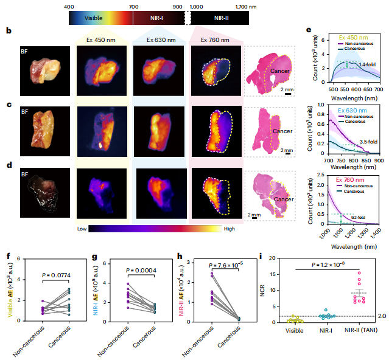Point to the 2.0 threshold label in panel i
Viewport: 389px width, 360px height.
click(379, 316)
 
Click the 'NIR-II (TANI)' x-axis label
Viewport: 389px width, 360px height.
click(347, 331)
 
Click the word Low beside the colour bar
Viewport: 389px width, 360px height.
click(83, 229)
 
